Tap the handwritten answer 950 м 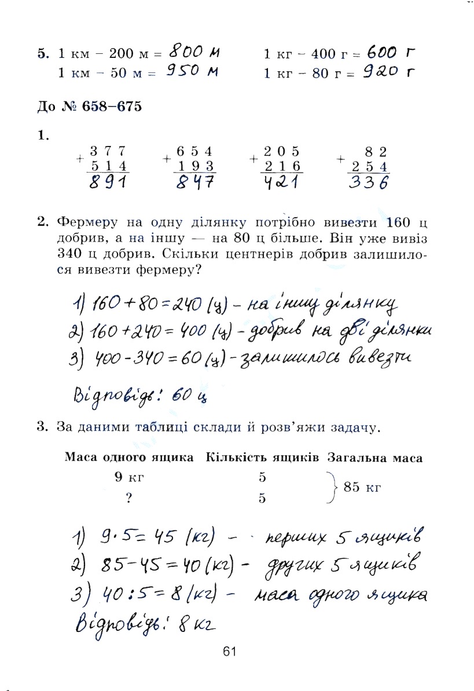click(193, 72)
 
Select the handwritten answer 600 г click(391, 53)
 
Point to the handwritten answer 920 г click(391, 72)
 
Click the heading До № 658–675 click(89, 107)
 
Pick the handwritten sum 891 click(109, 183)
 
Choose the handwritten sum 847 click(195, 183)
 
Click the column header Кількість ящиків click(262, 458)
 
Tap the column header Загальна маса click(374, 458)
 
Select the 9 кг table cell click(128, 478)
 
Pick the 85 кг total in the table click(362, 487)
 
